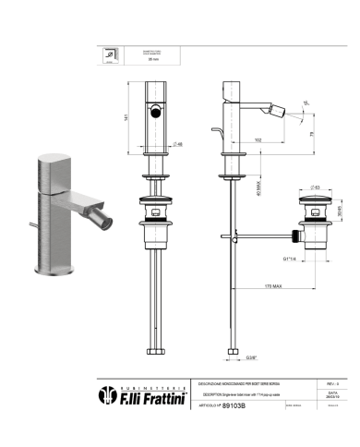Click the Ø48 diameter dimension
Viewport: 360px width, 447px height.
pos(179,145)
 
